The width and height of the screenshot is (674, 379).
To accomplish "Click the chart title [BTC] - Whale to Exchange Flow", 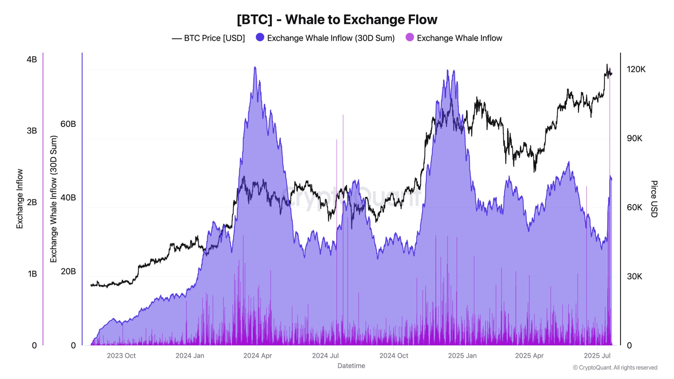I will tap(337, 19).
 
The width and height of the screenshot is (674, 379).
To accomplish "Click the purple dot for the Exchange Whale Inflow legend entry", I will tap(409, 38).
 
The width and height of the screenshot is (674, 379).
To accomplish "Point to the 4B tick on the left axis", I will tap(32, 59).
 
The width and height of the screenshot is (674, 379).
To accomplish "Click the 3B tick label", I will tap(32, 131).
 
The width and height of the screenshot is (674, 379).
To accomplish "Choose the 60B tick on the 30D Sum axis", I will tap(68, 124).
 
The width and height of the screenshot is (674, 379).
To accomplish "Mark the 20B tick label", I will tap(68, 271).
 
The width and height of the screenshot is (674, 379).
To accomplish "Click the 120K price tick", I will tap(636, 69).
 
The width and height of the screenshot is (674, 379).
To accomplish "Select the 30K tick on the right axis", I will tap(634, 276).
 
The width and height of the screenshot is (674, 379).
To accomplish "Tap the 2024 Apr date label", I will tap(257, 356).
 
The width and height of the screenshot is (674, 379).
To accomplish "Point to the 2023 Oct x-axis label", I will tap(121, 356).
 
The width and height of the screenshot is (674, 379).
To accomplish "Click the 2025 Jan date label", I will tap(462, 356).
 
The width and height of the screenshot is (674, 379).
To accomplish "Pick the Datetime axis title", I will tap(351, 366).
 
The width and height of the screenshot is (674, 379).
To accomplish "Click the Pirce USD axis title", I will tap(654, 199).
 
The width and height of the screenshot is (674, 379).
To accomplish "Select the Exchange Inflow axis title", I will tap(20, 199).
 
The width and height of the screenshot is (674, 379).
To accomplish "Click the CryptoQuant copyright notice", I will tap(615, 367).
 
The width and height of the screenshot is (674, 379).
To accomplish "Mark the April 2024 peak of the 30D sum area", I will tap(255, 67).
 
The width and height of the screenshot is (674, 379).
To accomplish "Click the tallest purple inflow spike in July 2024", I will tap(343, 115).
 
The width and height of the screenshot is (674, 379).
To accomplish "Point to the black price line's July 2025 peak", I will tap(607, 64).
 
